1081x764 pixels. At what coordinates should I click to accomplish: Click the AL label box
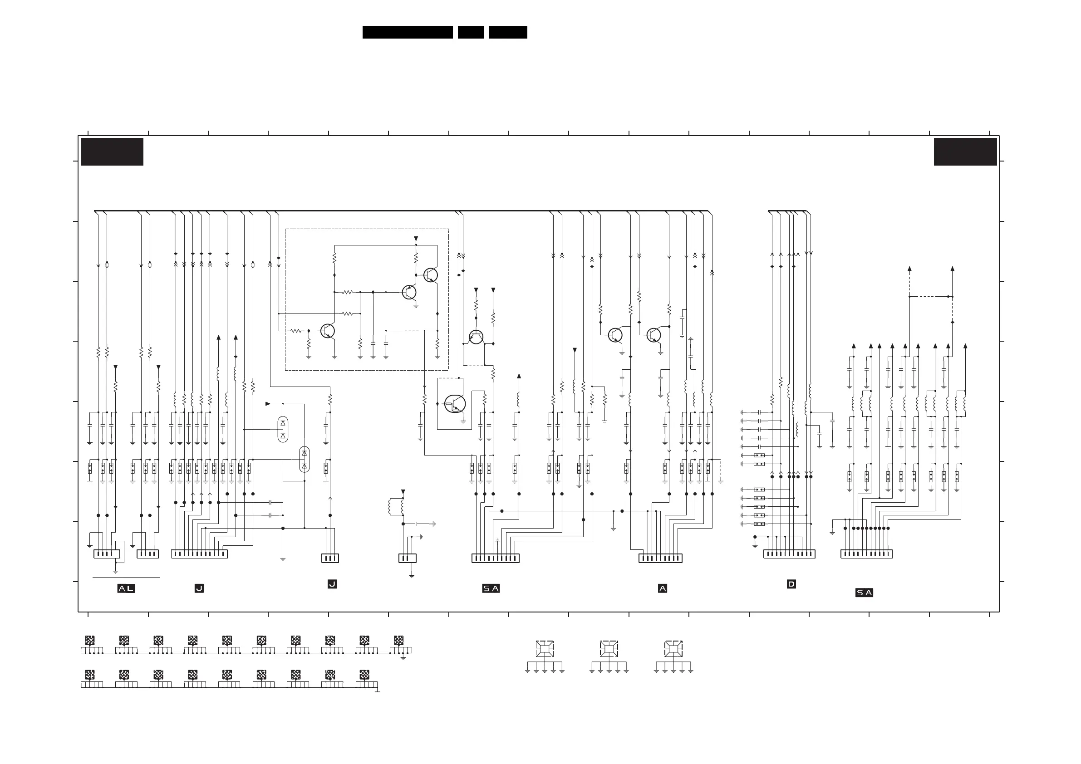tap(126, 588)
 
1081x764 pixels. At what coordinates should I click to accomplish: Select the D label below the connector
tap(791, 584)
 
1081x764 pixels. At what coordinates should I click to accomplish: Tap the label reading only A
tap(663, 588)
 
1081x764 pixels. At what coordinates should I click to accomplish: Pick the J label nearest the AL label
tap(199, 588)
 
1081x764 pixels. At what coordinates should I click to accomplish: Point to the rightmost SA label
tap(864, 593)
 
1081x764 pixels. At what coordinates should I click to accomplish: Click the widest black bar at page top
tap(407, 32)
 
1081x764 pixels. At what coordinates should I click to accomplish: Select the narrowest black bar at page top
tap(470, 32)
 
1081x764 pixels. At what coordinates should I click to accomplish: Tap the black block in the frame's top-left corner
tap(112, 152)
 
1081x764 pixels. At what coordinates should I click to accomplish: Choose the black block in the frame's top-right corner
tap(965, 152)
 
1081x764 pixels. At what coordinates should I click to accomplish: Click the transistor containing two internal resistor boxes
tap(455, 404)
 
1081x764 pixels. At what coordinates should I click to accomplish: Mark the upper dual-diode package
tap(282, 429)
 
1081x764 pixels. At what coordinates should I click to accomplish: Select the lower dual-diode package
tap(304, 460)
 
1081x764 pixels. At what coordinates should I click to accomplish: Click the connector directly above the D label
tap(789, 554)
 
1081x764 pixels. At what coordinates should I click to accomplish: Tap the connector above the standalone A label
tap(660, 558)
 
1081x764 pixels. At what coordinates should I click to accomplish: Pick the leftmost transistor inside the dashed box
tap(327, 331)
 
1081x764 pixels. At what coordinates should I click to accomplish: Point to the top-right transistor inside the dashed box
tap(430, 275)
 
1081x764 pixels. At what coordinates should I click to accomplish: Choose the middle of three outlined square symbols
tap(609, 649)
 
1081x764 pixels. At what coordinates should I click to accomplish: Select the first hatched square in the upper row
tap(89, 640)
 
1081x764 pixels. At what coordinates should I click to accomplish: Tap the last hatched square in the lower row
tap(364, 675)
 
